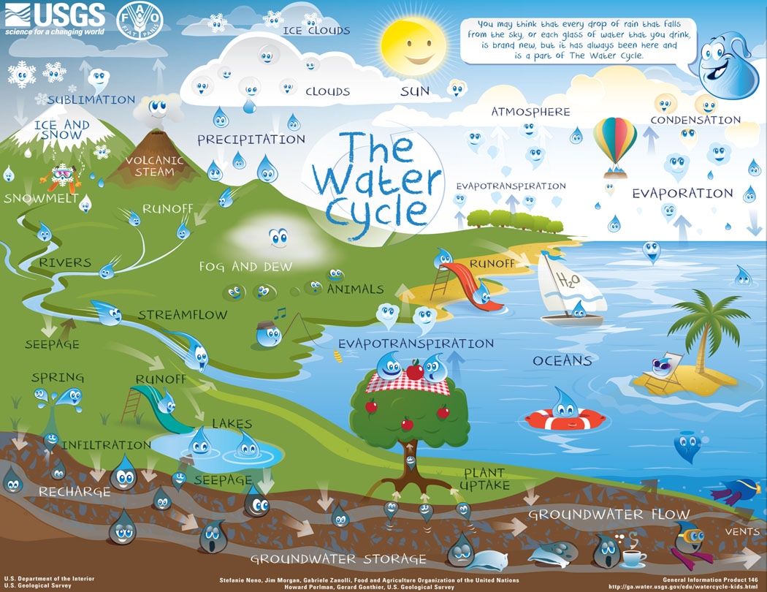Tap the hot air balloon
[x=614, y=143]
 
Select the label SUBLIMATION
[x=91, y=100]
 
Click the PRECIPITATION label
[x=251, y=139]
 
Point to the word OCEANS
[x=562, y=361]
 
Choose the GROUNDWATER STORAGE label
[x=337, y=559]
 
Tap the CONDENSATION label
[x=695, y=120]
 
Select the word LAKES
[x=232, y=424]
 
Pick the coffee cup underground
[x=633, y=558]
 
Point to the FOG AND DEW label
[x=245, y=267]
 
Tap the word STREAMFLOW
[x=183, y=316]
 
